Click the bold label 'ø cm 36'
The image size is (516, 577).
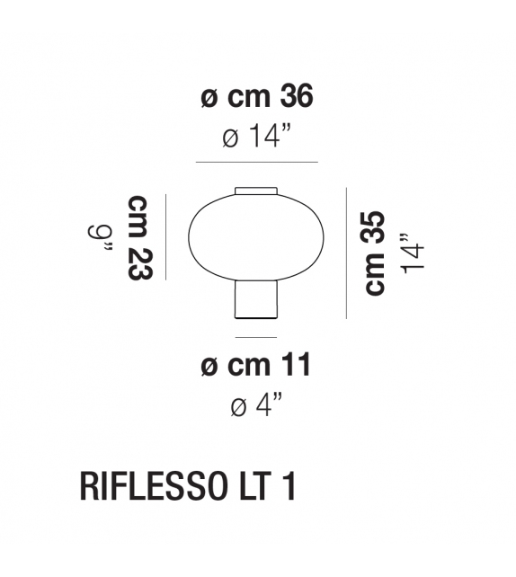tap(256, 98)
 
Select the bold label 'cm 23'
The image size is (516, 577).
tap(139, 238)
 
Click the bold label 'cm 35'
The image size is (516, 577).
tap(374, 253)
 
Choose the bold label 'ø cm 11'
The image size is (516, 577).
tap(256, 366)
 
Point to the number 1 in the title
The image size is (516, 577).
tap(289, 487)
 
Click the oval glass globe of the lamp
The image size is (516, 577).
tap(256, 239)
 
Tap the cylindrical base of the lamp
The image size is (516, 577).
tap(256, 300)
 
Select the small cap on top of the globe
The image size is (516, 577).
tap(256, 191)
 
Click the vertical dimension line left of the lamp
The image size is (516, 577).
tap(167, 238)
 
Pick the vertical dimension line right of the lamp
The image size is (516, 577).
tap(346, 253)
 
